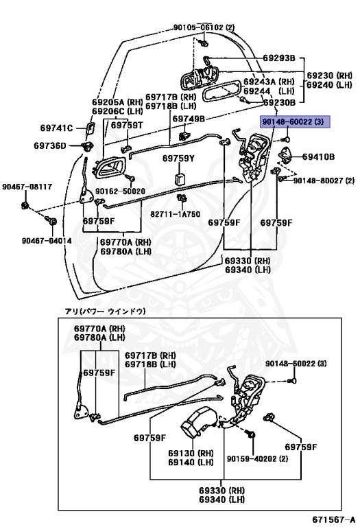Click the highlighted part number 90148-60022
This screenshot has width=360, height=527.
point(287,121)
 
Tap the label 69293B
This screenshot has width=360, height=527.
point(278,58)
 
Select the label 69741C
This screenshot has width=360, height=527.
point(56,128)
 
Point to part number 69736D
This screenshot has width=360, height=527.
point(50,145)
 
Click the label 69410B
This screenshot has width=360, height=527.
point(318,156)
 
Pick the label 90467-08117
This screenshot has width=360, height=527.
point(27,187)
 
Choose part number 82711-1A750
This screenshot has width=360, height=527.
point(175,214)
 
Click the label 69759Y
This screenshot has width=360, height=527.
point(178,159)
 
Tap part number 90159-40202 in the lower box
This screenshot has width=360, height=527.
point(252,458)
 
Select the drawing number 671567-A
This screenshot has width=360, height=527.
point(333,519)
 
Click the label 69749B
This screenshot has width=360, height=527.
point(189,119)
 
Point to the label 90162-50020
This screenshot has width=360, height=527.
point(120,191)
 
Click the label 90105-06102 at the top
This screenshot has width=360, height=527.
point(199,27)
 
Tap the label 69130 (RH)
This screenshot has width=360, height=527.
point(191,453)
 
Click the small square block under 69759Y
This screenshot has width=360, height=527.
point(180,179)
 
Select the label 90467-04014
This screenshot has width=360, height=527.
point(47,241)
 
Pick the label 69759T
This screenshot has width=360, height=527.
point(127,125)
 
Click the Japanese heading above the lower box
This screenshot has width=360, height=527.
point(105,312)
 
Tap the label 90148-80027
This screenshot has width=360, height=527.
point(320,180)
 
